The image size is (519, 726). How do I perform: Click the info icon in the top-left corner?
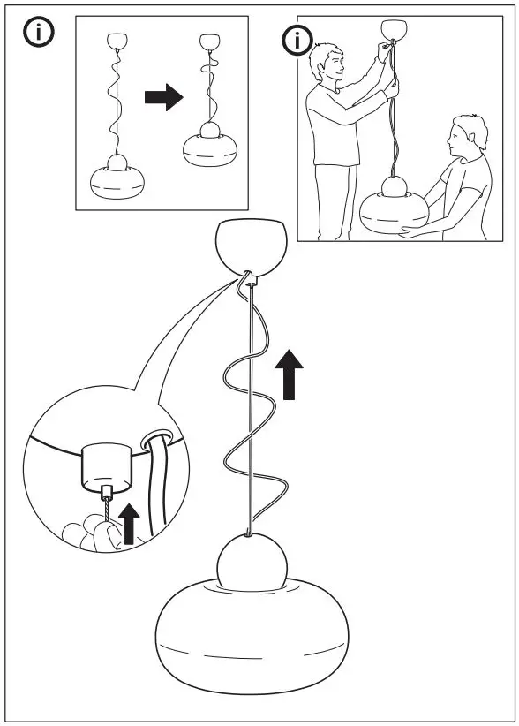pyautogui.click(x=39, y=34)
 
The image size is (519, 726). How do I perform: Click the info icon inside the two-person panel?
pyautogui.click(x=297, y=41)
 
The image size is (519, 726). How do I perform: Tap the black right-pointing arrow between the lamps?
pyautogui.click(x=162, y=99)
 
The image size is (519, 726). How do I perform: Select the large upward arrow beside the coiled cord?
pyautogui.click(x=289, y=374)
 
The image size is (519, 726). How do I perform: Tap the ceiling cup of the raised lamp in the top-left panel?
pyautogui.click(x=210, y=41)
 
